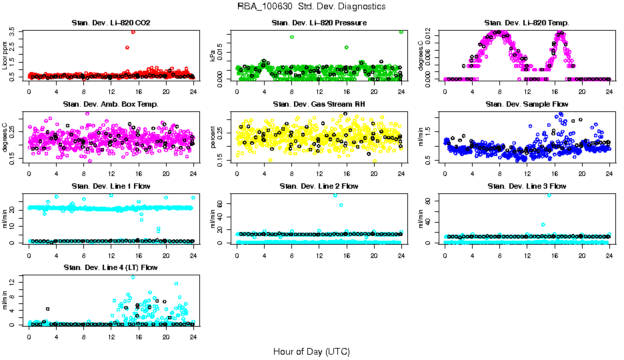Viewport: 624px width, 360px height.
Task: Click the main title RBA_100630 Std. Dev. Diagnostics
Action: click(311, 7)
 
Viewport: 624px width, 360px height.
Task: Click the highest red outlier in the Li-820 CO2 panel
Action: click(133, 32)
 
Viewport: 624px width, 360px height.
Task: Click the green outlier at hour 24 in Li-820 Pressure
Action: click(401, 31)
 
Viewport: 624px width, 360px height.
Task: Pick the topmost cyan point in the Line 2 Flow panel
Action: click(335, 195)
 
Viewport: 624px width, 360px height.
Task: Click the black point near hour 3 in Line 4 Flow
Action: click(47, 309)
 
